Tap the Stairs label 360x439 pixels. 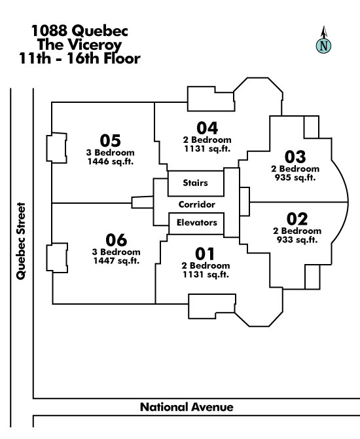click(195, 183)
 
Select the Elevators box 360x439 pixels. click(196, 223)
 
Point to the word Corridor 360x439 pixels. click(196, 204)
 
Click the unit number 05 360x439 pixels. click(110, 141)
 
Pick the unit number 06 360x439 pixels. click(116, 240)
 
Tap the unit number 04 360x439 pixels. click(207, 128)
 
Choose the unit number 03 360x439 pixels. click(295, 157)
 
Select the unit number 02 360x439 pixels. click(297, 219)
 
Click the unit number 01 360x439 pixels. click(205, 254)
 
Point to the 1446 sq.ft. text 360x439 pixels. click(110, 162)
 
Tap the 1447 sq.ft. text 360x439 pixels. click(116, 261)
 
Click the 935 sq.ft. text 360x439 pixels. click(295, 178)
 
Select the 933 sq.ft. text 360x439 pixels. click(297, 240)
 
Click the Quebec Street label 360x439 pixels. click(21, 240)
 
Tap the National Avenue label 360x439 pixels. click(187, 407)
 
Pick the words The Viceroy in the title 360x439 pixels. click(79, 45)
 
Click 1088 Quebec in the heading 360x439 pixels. click(80, 31)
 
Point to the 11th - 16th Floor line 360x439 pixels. click(80, 58)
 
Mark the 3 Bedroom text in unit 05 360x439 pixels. click(110, 153)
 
